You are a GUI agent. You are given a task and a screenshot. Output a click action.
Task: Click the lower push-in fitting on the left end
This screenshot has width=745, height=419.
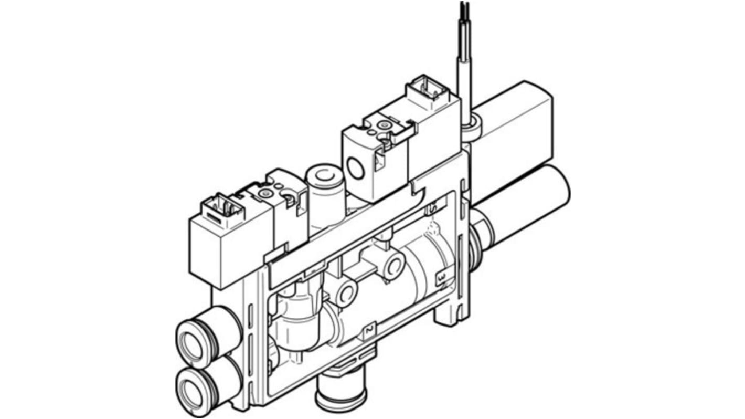pos(195,389)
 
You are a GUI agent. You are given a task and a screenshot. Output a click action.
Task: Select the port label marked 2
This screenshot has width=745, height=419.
pos(369,330)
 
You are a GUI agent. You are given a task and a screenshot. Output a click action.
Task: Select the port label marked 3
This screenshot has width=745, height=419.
pos(441,276)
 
